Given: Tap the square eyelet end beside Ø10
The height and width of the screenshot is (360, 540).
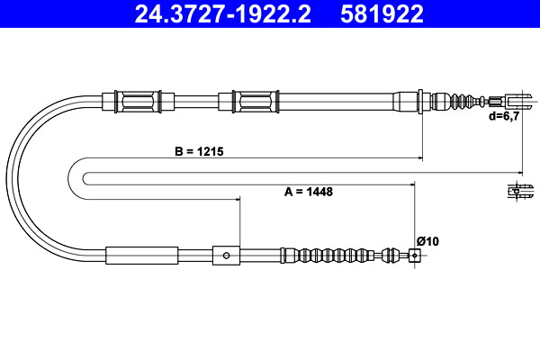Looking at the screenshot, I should pyautogui.click(x=414, y=256).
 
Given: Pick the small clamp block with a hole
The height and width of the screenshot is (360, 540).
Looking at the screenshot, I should pyautogui.click(x=226, y=256).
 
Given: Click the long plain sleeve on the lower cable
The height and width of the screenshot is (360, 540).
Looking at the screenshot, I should pyautogui.click(x=142, y=256).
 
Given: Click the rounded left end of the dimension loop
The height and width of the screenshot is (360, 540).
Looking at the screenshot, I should pyautogui.click(x=71, y=171).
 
